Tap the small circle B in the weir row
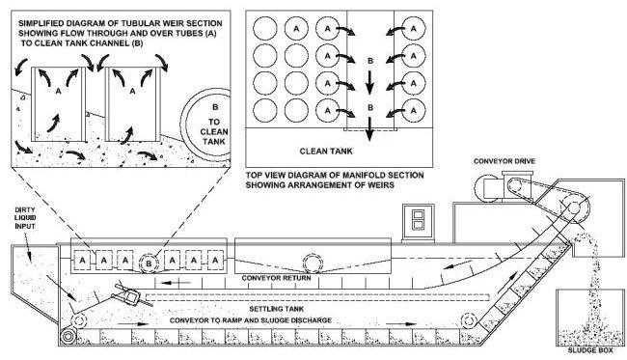coord(150,261)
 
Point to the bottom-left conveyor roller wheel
coord(68,335)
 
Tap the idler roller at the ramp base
coord(470,319)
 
